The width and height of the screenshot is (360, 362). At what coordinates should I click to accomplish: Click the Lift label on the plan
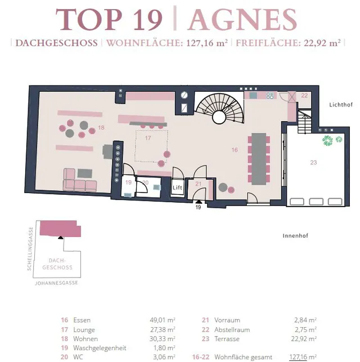pos(178,187)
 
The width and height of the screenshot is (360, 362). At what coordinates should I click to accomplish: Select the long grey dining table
pos(259,159)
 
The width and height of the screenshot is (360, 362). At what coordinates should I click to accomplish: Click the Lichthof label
pos(341,105)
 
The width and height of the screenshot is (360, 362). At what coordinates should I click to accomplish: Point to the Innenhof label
pos(295,236)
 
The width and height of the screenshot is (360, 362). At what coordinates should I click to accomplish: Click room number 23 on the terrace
pos(313,163)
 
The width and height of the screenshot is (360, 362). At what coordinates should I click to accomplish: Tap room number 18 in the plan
pos(101,127)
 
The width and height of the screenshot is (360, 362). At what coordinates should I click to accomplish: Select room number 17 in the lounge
pos(148,138)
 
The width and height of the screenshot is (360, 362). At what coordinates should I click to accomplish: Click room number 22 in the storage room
pos(304,95)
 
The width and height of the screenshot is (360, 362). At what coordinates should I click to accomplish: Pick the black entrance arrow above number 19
pos(199,202)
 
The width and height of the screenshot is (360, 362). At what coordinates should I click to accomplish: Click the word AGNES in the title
pos(242,19)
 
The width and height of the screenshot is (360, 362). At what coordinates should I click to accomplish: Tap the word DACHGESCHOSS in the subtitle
pos(56,43)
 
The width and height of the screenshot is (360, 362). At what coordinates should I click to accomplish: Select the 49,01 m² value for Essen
pos(163,320)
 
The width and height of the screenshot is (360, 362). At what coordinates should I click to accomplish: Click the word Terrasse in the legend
pos(227,339)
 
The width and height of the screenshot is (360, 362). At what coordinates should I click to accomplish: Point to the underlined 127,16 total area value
pos(299,357)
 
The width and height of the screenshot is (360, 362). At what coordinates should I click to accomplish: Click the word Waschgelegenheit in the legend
pos(100,348)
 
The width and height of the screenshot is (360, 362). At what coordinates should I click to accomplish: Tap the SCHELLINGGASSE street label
pos(30,249)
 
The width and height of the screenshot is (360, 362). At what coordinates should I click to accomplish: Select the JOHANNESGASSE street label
pos(56,283)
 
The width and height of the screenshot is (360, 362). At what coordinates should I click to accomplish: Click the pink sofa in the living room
pos(79,180)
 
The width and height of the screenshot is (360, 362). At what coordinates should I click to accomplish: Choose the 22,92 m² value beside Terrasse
pos(304,339)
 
